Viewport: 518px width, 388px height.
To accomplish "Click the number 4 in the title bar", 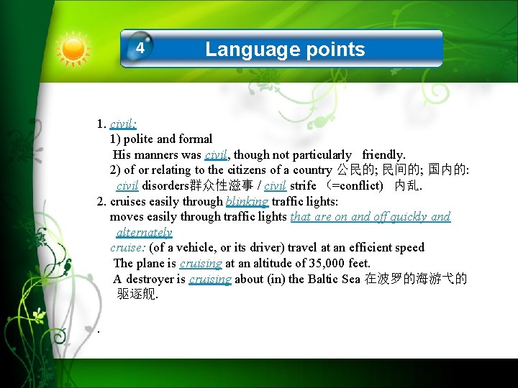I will pyautogui.click(x=141, y=49).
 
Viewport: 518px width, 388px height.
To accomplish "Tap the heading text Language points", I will pyautogui.click(x=285, y=49).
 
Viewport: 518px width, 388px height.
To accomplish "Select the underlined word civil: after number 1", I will pyautogui.click(x=123, y=124).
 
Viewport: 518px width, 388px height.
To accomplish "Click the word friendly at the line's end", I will pyautogui.click(x=383, y=154).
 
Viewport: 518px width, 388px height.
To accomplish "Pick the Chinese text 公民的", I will pyautogui.click(x=353, y=170).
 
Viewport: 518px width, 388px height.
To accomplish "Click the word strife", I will pyautogui.click(x=302, y=186).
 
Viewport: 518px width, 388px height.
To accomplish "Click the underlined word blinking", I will pyautogui.click(x=247, y=201).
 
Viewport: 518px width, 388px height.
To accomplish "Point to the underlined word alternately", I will pyautogui.click(x=144, y=232).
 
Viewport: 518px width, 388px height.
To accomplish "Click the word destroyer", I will pyautogui.click(x=149, y=279).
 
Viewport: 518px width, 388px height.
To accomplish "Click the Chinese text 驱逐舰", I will pyautogui.click(x=136, y=295).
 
